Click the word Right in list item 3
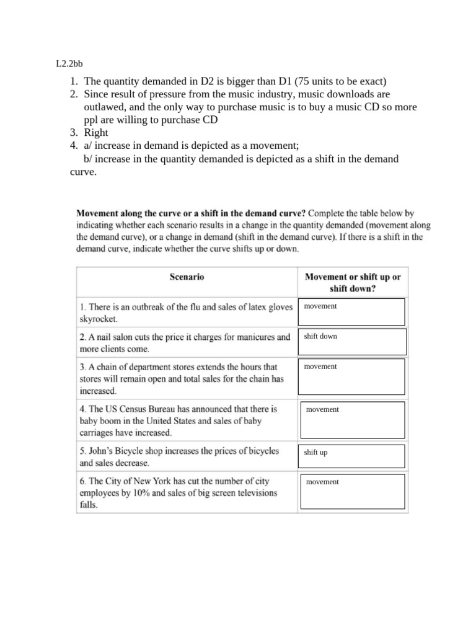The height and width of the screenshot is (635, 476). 96,133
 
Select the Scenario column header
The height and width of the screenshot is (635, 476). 187,277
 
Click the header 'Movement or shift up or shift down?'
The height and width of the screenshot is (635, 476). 352,283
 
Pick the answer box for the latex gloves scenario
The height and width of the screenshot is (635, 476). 351,312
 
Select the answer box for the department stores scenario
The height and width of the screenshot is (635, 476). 351,376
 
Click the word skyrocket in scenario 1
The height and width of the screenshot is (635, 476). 97,319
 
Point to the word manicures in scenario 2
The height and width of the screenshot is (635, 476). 247,337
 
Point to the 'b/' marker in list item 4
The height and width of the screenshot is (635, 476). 88,159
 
